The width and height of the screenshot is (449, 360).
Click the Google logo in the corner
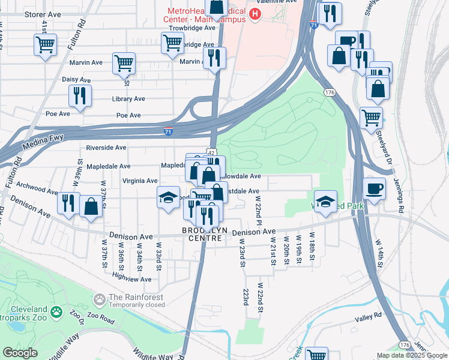click(x=20, y=353)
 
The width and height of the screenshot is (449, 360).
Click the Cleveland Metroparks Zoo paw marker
click(x=56, y=312)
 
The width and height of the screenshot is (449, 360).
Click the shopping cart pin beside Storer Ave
click(x=45, y=44)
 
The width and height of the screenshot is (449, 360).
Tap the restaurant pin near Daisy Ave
click(x=80, y=95)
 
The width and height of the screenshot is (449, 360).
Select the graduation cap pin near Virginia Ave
click(x=169, y=197)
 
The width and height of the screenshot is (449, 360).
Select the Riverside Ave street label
click(x=106, y=147)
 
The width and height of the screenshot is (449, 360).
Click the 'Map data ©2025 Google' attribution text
click(x=411, y=355)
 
